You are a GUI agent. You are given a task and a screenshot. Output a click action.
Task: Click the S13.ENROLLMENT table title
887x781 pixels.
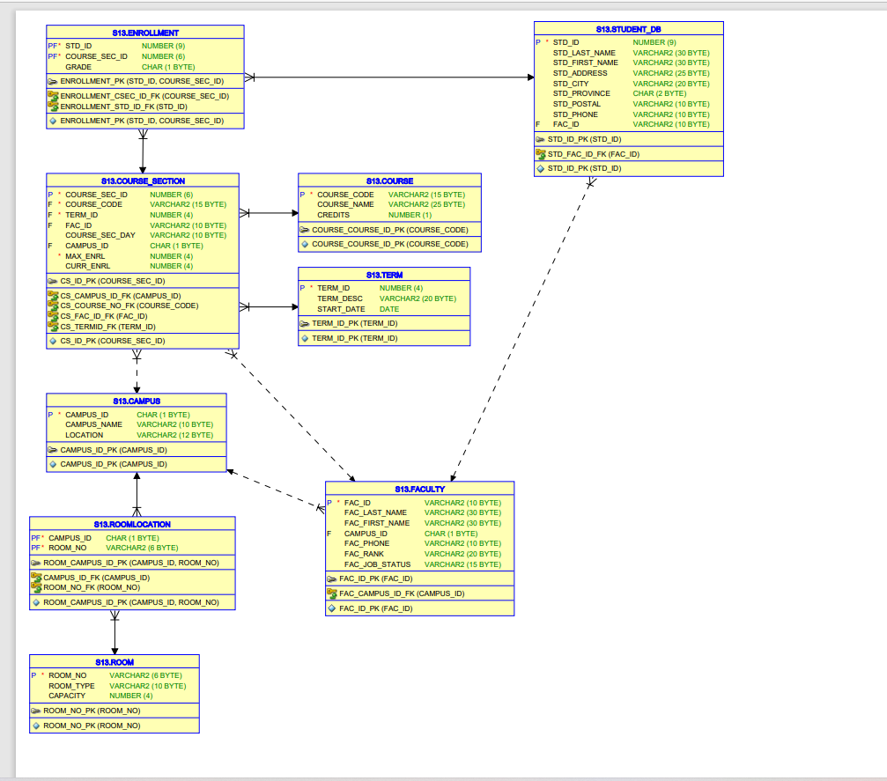(x=145, y=33)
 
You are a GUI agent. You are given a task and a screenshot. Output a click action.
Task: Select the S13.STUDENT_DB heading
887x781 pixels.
(x=628, y=29)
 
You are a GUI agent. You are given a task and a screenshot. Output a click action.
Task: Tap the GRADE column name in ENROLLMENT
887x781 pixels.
(x=78, y=67)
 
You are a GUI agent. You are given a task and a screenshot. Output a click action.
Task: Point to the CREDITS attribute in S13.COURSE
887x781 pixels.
(x=333, y=215)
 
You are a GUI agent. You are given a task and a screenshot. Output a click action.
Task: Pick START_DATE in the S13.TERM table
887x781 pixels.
(x=341, y=309)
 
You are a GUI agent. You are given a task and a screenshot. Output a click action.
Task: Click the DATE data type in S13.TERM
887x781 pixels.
(x=388, y=309)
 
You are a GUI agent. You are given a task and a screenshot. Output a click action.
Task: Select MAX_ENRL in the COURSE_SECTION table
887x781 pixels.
(x=85, y=256)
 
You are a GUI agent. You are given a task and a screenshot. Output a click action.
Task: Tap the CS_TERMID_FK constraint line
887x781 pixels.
(x=107, y=326)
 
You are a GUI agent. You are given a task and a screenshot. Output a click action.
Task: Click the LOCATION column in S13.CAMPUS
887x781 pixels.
(x=84, y=435)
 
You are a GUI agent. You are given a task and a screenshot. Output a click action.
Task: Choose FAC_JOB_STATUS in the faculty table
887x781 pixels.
(x=377, y=564)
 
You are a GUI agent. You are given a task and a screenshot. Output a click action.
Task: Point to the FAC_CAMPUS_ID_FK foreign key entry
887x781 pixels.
(x=402, y=593)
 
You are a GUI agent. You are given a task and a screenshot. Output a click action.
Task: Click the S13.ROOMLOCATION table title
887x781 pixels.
(x=132, y=524)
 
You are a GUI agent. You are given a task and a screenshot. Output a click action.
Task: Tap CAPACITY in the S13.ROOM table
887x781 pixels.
(x=67, y=696)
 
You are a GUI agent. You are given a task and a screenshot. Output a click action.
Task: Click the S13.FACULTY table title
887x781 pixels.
(x=419, y=489)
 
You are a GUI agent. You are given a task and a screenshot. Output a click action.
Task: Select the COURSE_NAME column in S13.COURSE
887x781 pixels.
(x=345, y=204)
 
